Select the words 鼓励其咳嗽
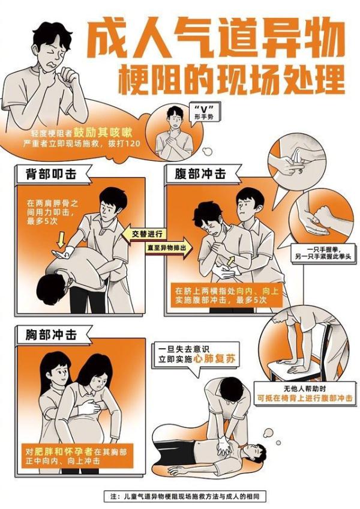107,133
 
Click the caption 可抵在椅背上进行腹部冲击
305,398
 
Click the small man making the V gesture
174,132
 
